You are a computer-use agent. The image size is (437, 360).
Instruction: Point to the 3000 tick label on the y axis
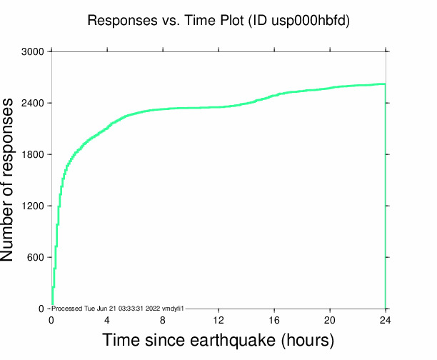pyautogui.click(x=32, y=52)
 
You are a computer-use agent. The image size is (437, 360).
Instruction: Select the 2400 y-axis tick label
pyautogui.click(x=32, y=104)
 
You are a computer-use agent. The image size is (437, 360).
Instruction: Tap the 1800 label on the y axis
pyautogui.click(x=32, y=155)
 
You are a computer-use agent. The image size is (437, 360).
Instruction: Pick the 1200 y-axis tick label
pyautogui.click(x=32, y=206)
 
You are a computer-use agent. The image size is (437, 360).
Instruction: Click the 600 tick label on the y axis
pyautogui.click(x=35, y=258)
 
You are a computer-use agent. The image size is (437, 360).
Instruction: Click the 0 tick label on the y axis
pyautogui.click(x=41, y=309)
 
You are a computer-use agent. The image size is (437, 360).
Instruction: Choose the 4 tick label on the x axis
pyautogui.click(x=107, y=319)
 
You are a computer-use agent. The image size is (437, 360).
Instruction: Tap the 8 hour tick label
pyautogui.click(x=163, y=319)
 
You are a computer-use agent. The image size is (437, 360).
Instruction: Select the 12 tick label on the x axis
pyautogui.click(x=218, y=319)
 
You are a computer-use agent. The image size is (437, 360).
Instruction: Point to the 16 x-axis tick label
pyautogui.click(x=274, y=319)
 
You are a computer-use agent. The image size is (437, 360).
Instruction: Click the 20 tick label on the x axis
pyautogui.click(x=330, y=319)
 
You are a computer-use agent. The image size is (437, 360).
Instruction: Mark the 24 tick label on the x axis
pyautogui.click(x=386, y=319)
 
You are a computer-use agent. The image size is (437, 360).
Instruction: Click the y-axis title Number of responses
pyautogui.click(x=14, y=179)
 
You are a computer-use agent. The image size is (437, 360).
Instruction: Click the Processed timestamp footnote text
pyautogui.click(x=119, y=308)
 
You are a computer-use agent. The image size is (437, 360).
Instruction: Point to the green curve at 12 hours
pyautogui.click(x=218, y=107)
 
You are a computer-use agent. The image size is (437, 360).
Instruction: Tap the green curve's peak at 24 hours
pyautogui.click(x=385, y=84)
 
